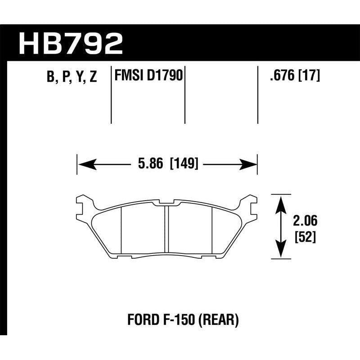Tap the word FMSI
[x=128, y=76]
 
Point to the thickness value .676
[x=280, y=76]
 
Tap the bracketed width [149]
[x=184, y=164]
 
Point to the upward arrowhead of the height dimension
[x=281, y=202]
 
